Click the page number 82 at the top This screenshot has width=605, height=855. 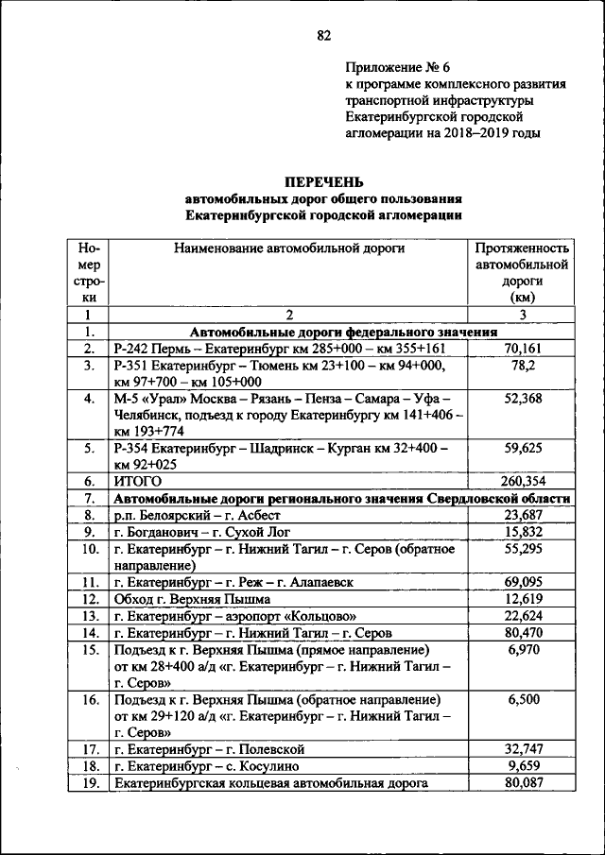(323, 36)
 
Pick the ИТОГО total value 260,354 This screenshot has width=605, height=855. (523, 481)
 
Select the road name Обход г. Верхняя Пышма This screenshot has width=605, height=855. (192, 599)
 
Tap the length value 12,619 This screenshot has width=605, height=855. (523, 599)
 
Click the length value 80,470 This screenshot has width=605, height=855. (523, 632)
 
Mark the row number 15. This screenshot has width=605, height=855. (90, 650)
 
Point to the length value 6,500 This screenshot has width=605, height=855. (523, 700)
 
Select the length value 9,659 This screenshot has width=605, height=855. (523, 766)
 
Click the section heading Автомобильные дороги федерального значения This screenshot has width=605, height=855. (344, 333)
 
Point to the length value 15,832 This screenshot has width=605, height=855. (523, 532)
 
